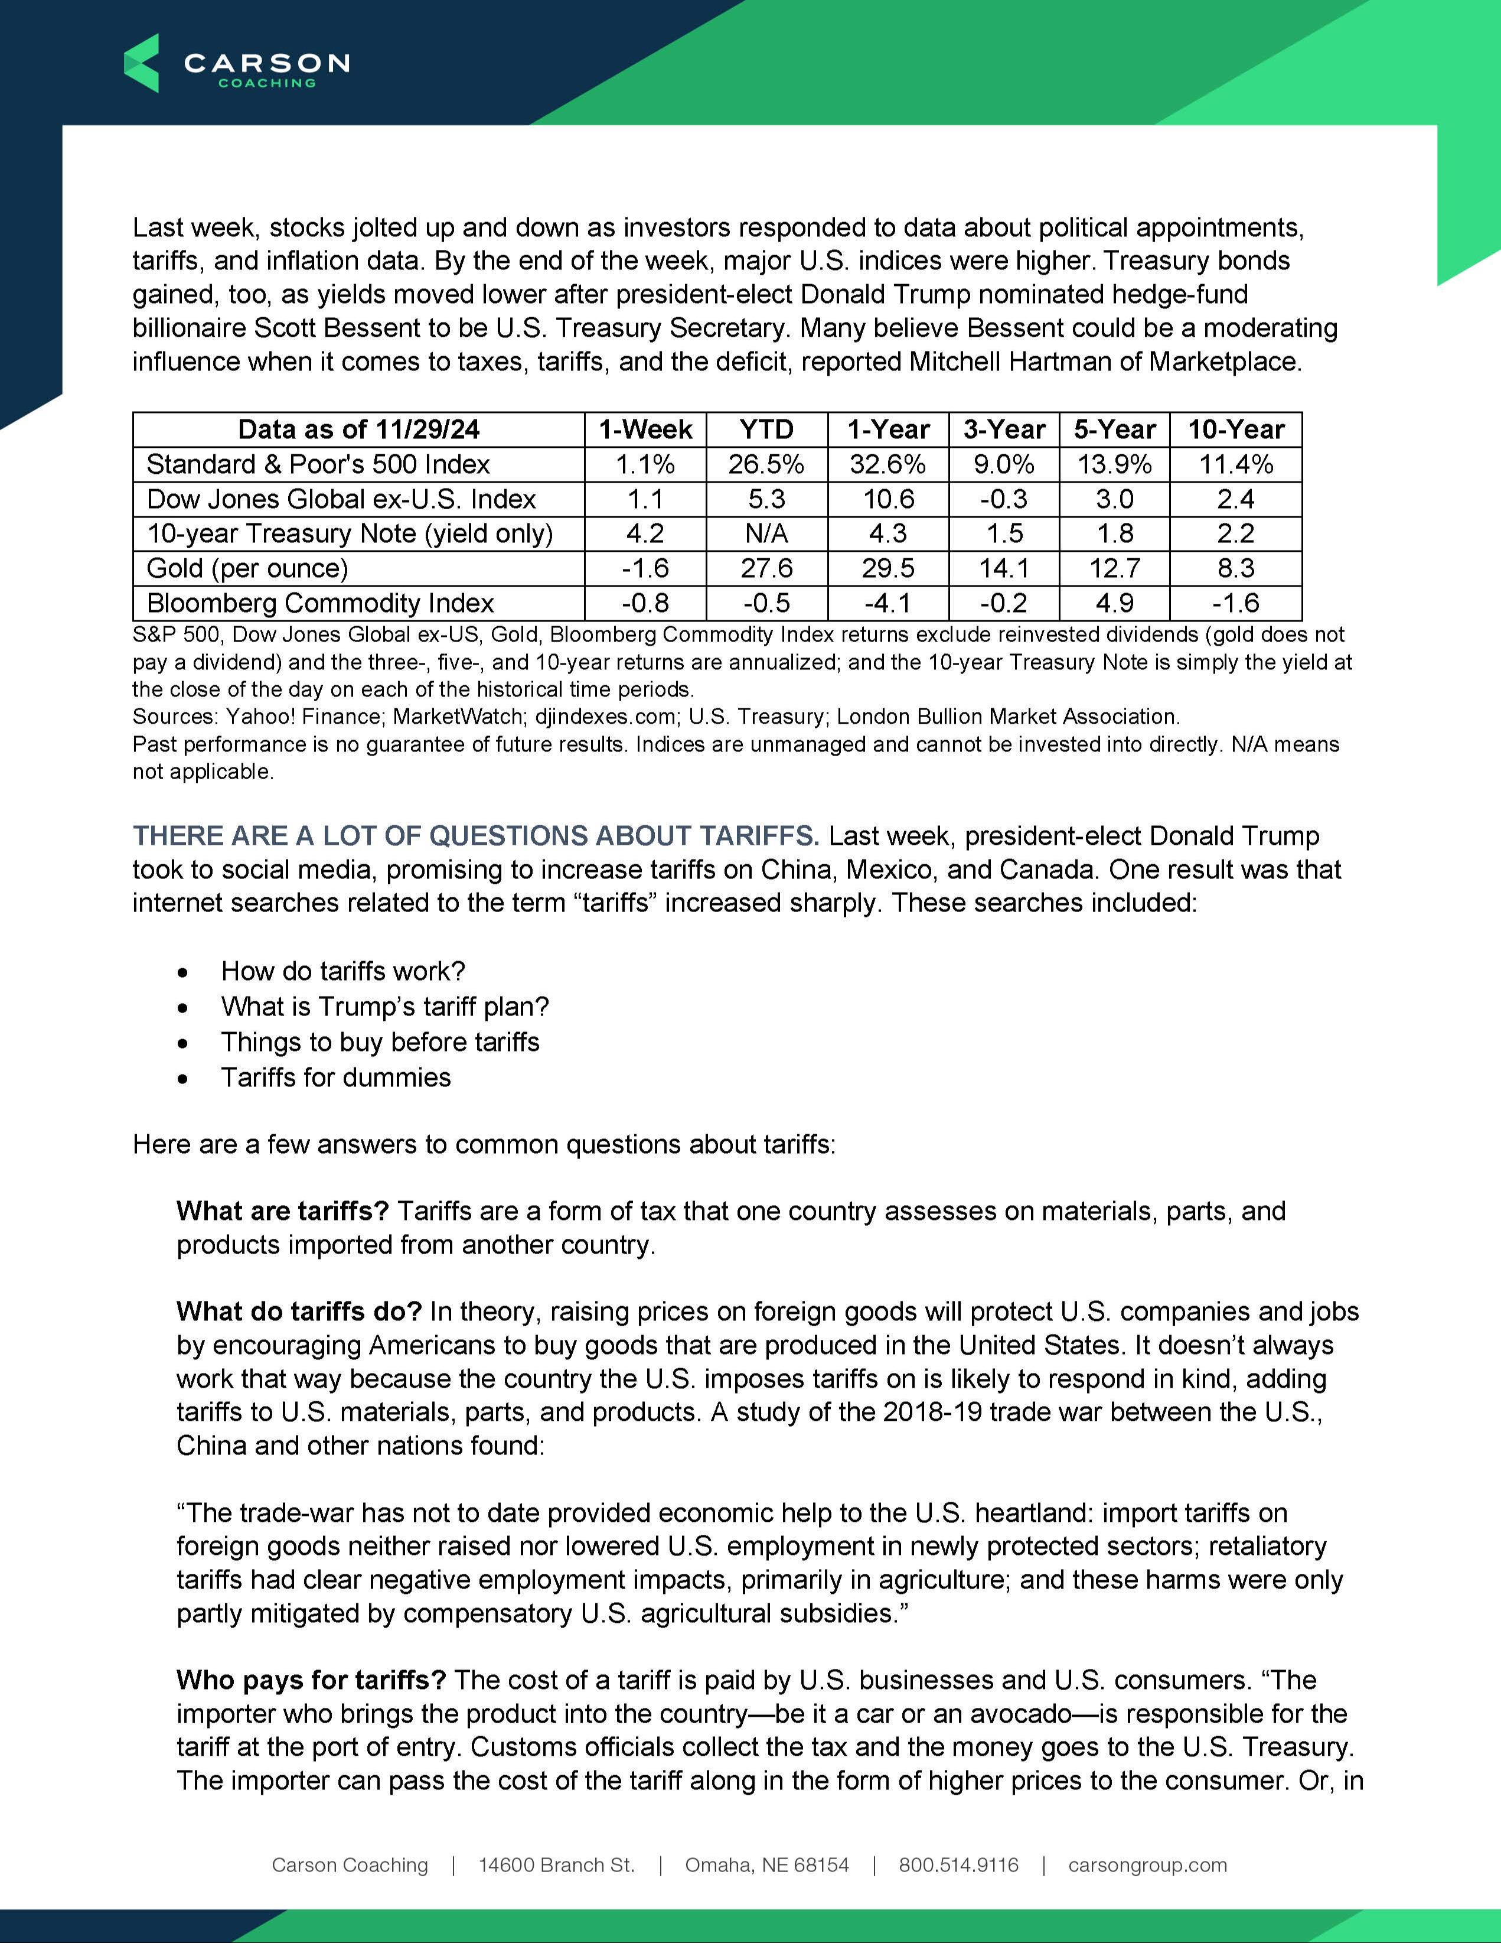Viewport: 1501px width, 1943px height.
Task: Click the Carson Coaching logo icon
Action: pos(141,63)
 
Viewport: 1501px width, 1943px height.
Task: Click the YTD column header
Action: pos(766,429)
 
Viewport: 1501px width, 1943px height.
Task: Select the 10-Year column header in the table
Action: pos(1235,429)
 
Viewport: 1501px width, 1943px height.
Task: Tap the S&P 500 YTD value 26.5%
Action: pos(766,464)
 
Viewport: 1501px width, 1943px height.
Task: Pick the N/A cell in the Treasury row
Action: pos(766,534)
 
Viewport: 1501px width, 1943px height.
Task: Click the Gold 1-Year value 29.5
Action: pos(888,568)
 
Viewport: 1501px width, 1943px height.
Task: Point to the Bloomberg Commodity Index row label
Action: pos(320,603)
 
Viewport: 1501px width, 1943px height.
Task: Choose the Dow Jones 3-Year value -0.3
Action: pos(1004,499)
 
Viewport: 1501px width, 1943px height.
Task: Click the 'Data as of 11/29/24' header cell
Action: pos(358,429)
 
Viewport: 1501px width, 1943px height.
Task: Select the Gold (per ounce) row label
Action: pos(247,568)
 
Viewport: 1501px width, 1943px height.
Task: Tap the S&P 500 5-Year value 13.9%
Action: pos(1114,464)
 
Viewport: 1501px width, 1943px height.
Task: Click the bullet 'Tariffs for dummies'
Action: pos(336,1078)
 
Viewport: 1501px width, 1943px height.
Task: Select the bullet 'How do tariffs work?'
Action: pos(343,971)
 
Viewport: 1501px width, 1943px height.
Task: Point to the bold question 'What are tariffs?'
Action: pos(283,1211)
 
